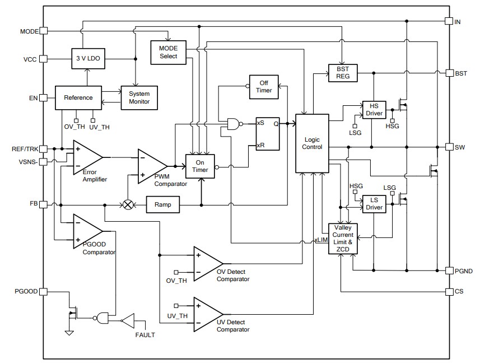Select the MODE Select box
168,52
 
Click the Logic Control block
313,143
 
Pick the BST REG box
343,73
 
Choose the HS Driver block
374,110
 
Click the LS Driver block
374,203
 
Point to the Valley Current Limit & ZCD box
343,237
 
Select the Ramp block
162,205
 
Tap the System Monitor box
139,97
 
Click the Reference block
78,97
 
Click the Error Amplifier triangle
87,157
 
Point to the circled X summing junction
128,205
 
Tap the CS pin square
449,292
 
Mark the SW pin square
449,147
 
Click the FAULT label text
145,335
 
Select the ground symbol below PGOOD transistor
68,333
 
